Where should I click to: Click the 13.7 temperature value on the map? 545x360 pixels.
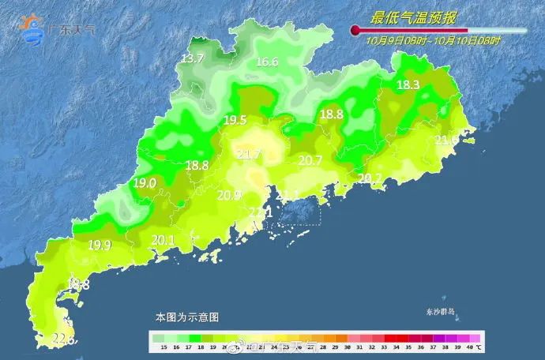click(x=193, y=59)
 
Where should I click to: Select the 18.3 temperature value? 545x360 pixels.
click(x=408, y=85)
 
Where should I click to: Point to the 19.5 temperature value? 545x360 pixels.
click(x=235, y=120)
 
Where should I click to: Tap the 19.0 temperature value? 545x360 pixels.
click(x=144, y=182)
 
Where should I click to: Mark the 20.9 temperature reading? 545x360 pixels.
click(x=230, y=195)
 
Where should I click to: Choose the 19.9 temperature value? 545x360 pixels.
click(x=100, y=245)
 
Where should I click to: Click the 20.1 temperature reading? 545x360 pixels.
click(x=163, y=240)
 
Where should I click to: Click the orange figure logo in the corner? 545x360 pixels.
click(x=33, y=29)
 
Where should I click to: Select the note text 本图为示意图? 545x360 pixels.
click(x=186, y=317)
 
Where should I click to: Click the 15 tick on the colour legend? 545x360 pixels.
click(x=163, y=347)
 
